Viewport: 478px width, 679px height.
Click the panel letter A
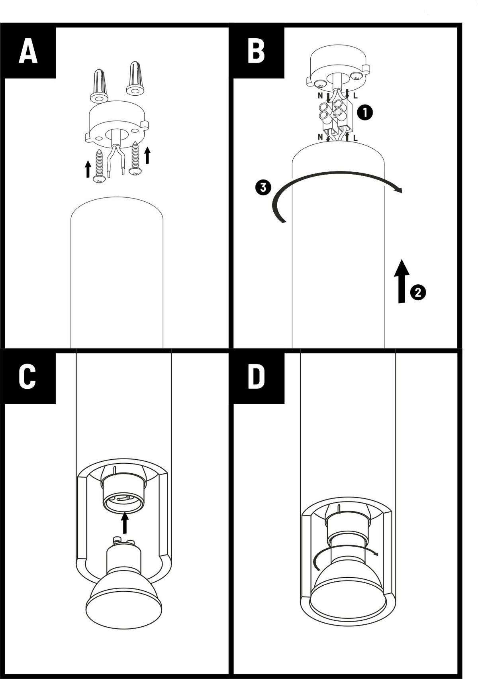pos(28,51)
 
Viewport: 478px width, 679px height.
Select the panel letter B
pos(256,51)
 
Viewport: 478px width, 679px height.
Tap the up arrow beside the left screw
pos(88,169)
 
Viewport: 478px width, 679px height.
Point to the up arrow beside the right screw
pos(147,155)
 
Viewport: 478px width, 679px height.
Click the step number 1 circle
pos(365,112)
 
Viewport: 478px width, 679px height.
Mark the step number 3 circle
pos(263,187)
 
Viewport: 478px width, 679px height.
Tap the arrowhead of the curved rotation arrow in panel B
pos(399,189)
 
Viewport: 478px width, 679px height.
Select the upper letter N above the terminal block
pos(320,96)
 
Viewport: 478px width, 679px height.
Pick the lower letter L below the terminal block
pos(355,138)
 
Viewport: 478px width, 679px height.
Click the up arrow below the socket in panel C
pos(125,522)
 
